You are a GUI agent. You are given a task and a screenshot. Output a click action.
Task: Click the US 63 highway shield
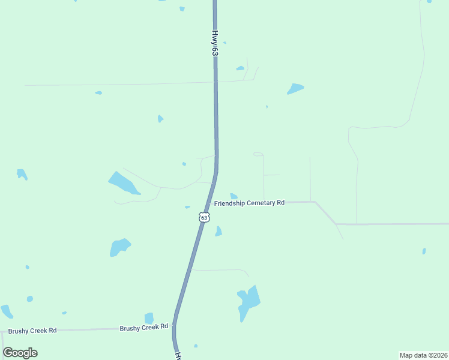click(205, 217)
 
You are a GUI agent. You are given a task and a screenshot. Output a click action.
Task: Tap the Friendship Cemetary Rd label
click(249, 203)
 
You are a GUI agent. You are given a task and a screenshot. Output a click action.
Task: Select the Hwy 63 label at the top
click(214, 44)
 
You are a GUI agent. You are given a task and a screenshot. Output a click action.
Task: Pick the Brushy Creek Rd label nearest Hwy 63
click(143, 328)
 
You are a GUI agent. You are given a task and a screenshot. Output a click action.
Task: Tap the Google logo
click(20, 353)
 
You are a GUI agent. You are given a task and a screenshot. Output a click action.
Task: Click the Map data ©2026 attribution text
click(423, 355)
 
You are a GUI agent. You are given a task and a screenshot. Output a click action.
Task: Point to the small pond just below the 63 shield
click(218, 231)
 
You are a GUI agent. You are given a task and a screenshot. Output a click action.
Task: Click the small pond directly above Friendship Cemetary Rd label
click(234, 196)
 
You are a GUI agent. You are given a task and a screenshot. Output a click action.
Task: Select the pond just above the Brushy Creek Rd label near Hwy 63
click(149, 318)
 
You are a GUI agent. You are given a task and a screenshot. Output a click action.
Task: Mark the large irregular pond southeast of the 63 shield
click(249, 301)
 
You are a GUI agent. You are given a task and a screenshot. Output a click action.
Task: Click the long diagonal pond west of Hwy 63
click(123, 182)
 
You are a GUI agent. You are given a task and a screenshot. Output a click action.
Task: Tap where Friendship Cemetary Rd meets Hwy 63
click(209, 203)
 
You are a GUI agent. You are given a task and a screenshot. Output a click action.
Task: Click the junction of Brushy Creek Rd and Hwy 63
click(174, 327)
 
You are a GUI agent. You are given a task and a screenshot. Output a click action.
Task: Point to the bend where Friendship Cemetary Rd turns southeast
click(315, 202)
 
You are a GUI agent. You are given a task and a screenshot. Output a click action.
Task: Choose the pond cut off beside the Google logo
click(6, 311)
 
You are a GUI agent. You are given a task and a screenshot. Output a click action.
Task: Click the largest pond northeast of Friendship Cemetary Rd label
click(295, 88)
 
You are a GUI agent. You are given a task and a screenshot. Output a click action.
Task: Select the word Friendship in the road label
click(229, 203)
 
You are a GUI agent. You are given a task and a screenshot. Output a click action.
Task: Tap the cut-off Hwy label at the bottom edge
click(179, 356)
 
